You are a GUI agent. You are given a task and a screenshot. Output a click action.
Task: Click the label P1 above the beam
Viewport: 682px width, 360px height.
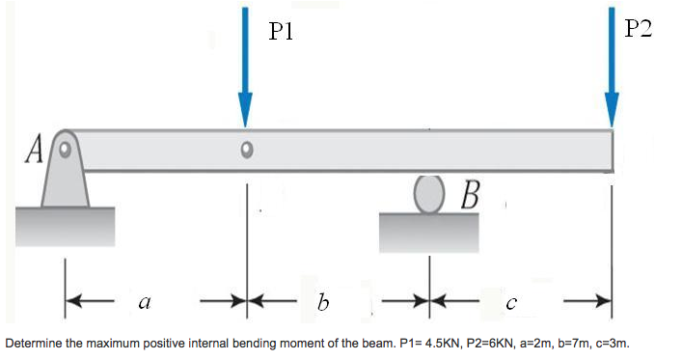coord(282,31)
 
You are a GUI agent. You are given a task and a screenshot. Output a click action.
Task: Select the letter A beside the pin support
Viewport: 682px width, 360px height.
coord(36,151)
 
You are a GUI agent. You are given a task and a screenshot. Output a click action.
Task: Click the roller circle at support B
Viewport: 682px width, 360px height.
coord(429,194)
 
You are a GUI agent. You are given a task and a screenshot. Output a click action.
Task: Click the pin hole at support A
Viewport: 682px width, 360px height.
coord(65,150)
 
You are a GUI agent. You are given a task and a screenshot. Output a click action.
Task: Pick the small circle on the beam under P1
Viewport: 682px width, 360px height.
coord(247,150)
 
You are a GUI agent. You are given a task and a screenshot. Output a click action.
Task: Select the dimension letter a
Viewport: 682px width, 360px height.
coord(144,302)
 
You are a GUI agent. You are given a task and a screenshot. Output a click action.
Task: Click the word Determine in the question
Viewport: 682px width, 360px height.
coord(34,344)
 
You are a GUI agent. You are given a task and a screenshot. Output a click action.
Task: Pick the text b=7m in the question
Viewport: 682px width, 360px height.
coord(569,344)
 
